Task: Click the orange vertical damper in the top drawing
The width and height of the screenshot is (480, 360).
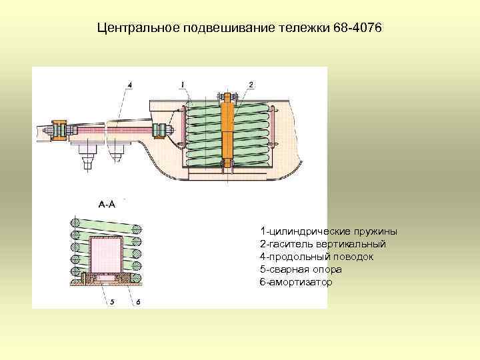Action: click(x=227, y=130)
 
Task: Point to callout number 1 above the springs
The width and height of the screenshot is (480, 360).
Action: click(x=181, y=84)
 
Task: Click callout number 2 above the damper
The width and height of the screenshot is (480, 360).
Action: click(x=251, y=84)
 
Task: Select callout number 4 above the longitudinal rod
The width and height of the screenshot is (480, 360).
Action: click(x=129, y=84)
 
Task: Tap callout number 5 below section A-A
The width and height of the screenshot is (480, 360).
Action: click(x=112, y=301)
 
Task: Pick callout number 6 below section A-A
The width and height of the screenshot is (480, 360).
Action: click(x=138, y=301)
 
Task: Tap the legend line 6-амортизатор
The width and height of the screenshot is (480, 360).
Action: click(x=295, y=283)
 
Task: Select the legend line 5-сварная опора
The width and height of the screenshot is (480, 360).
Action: click(x=301, y=270)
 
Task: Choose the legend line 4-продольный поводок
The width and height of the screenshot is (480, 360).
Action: click(x=316, y=257)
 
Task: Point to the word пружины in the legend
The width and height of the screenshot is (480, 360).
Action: click(x=377, y=231)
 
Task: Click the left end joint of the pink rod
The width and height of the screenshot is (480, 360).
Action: click(x=59, y=129)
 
